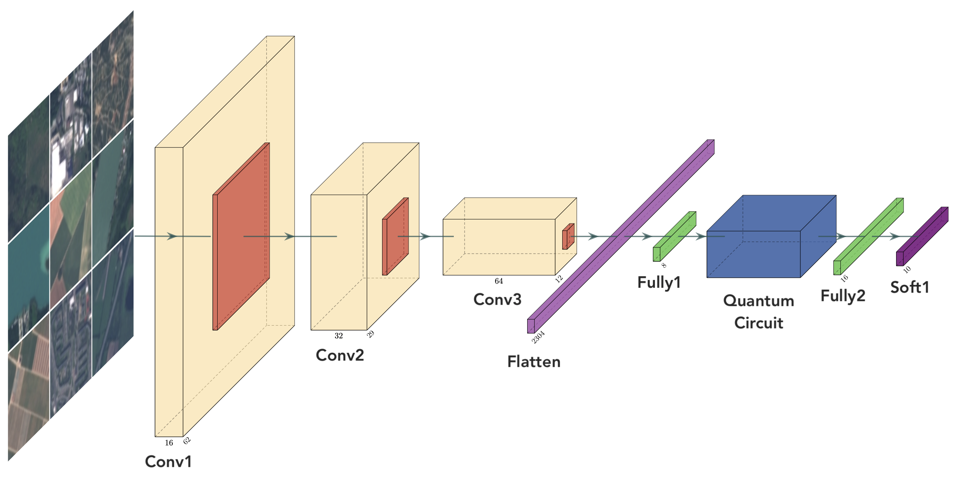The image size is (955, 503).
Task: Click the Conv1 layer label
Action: [x=168, y=461]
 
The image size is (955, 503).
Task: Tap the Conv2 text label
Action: [x=340, y=355]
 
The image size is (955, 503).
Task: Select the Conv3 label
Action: [x=497, y=299]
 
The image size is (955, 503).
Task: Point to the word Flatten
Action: [x=534, y=362]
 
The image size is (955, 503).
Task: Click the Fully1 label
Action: [x=659, y=283]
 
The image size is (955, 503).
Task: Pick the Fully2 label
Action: [x=842, y=296]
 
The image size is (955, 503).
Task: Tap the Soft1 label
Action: [x=910, y=287]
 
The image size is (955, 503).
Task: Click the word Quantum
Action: [x=758, y=301]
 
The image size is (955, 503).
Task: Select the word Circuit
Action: [x=758, y=323]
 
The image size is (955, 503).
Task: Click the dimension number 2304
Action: [x=538, y=337]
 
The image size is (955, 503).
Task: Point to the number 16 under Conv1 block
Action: [x=169, y=443]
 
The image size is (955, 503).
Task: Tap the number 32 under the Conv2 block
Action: [x=339, y=336]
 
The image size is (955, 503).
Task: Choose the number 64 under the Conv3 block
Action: [x=499, y=281]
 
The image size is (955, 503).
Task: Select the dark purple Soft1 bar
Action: [x=922, y=237]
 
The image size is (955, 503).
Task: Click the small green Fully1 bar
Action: [x=674, y=237]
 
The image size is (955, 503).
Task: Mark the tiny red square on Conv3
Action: [x=568, y=237]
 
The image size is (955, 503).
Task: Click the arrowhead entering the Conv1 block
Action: [x=172, y=236]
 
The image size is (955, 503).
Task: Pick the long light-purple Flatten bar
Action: [x=620, y=237]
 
